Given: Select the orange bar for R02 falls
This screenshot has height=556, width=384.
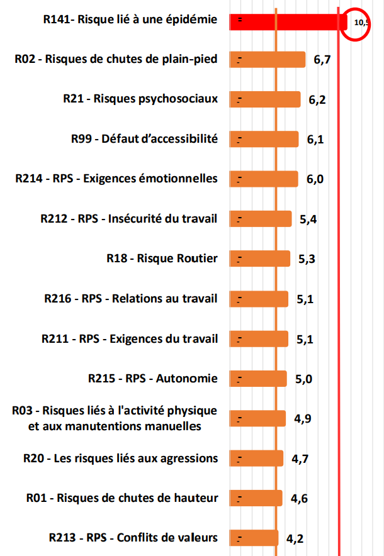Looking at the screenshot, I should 268,60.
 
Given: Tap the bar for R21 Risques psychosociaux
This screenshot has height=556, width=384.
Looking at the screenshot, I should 265,99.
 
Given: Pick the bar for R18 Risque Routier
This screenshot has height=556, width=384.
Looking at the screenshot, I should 260,259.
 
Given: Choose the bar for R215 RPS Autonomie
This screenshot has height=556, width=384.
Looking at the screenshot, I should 258,379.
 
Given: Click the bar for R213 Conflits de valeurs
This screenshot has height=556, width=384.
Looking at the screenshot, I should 254,538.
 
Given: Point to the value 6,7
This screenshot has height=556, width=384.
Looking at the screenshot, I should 322,60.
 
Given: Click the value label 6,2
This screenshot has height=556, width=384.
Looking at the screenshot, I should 317,100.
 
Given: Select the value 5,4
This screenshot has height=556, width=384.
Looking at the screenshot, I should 308,220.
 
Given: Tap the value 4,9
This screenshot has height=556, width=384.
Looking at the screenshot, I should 302,419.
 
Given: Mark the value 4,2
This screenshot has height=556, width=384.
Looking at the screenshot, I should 295,538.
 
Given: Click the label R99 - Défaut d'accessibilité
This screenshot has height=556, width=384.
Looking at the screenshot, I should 144,138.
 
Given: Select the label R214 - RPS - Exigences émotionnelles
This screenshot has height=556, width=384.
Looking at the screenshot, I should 116,179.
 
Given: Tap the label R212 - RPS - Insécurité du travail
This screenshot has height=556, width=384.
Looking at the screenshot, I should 128,218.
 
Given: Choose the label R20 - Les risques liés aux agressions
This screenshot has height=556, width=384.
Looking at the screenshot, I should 120,458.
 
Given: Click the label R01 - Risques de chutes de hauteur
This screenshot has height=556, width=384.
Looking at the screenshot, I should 122,498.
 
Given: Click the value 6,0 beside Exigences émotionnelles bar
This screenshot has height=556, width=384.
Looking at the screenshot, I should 315,179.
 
